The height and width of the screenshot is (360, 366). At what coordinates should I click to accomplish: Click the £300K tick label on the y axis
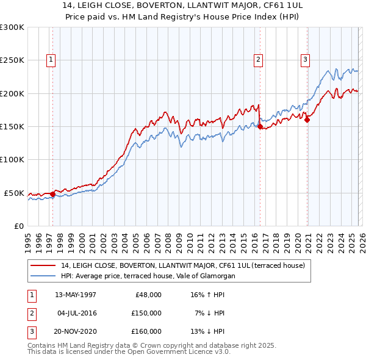tap(13, 27)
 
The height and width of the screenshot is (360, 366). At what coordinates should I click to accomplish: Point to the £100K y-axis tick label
tap(13, 159)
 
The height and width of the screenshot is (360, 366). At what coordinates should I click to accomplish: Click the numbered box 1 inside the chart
tap(50, 59)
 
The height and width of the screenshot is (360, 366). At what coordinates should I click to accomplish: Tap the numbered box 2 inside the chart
tap(259, 59)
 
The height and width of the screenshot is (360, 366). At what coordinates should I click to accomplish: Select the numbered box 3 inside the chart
tap(304, 59)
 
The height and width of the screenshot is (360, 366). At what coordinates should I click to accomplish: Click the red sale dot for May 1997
tap(52, 194)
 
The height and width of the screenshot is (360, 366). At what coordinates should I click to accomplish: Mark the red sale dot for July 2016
tap(260, 127)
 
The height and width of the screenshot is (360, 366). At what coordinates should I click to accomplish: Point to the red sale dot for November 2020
tap(307, 120)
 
